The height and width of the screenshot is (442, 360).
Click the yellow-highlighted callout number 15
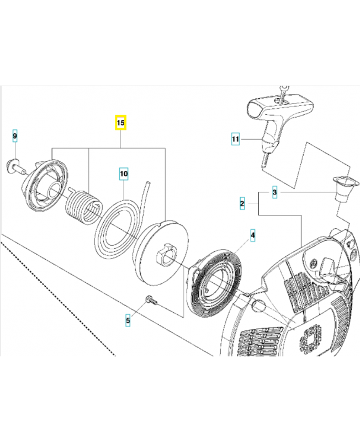pos(120,122)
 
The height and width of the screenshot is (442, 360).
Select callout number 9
pos(15,135)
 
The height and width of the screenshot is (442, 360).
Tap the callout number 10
pos(124,173)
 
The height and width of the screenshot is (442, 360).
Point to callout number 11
pos(235,139)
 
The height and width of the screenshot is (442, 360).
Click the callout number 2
pos(242,204)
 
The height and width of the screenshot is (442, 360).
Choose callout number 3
pos(274,193)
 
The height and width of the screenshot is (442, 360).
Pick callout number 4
pos(252,236)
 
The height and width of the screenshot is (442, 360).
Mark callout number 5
pos(128,319)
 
